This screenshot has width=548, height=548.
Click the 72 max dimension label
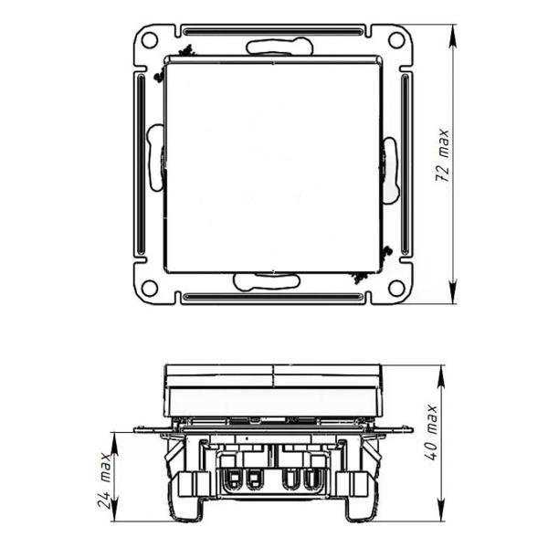(442, 155)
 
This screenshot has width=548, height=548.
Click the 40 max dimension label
(431, 433)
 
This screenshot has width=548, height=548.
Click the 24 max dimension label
(104, 480)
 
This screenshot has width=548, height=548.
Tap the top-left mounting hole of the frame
(150, 40)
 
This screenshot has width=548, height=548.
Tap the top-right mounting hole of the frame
(396, 40)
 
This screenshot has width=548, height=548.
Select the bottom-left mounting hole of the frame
(150, 288)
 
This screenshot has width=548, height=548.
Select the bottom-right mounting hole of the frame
(396, 288)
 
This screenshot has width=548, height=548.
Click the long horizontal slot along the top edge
(273, 32)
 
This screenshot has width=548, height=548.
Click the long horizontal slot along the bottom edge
(273, 297)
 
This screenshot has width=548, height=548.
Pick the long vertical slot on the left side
(142, 163)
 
